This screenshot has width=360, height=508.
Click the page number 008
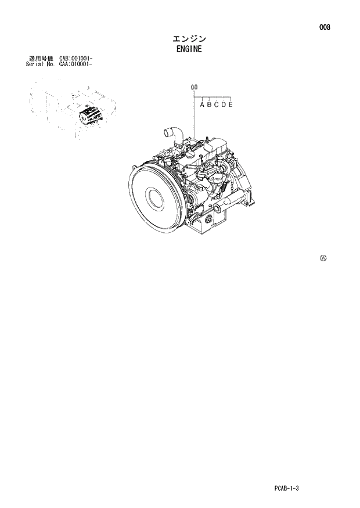pyautogui.click(x=324, y=27)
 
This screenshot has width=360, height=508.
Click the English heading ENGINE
pyautogui.click(x=189, y=49)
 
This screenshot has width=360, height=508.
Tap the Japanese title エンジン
pyautogui.click(x=189, y=38)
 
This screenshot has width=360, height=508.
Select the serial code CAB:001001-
pyautogui.click(x=76, y=59)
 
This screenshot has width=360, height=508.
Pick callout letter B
pyautogui.click(x=209, y=105)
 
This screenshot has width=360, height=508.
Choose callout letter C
pyautogui.click(x=216, y=105)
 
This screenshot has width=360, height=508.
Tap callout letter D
pyautogui.click(x=223, y=105)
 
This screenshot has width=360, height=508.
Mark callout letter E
pyautogui.click(x=231, y=105)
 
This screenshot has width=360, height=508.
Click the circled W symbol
pyautogui.click(x=323, y=258)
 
